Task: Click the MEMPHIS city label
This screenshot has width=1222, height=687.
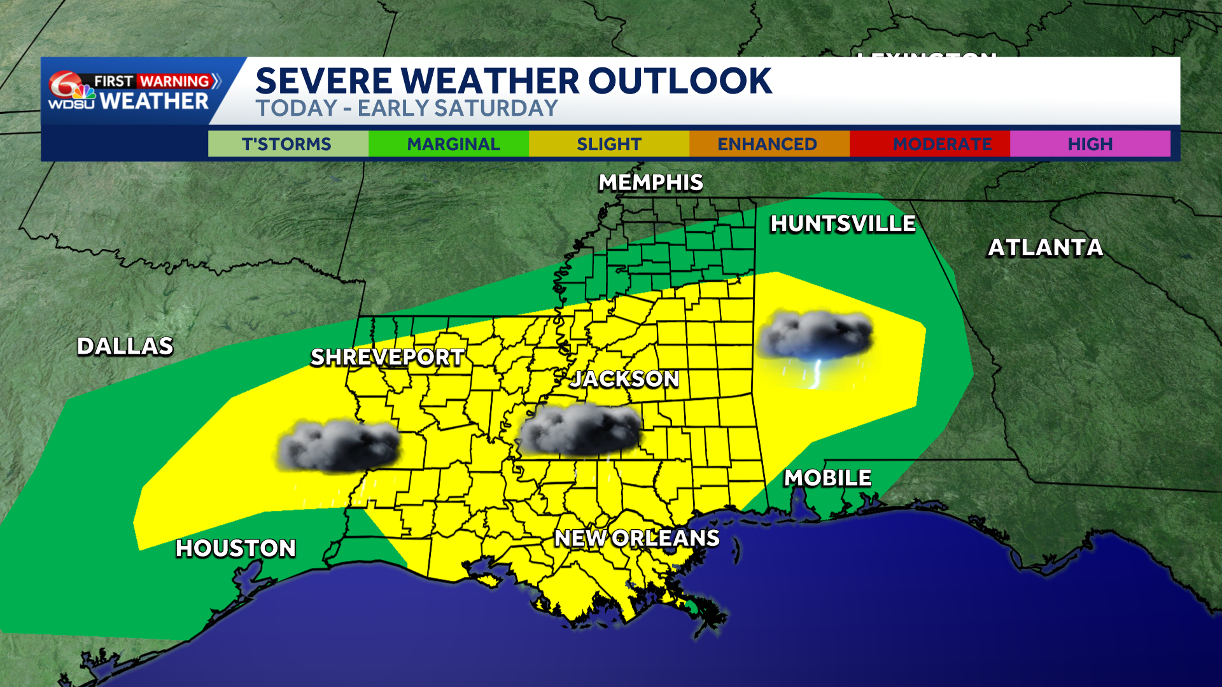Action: pos(650,183)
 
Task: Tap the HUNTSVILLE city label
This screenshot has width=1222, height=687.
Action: pos(843,224)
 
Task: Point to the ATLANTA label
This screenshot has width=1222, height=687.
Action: pos(1045,247)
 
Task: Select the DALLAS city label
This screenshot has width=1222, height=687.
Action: pos(125,347)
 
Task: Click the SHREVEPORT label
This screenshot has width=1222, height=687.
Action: pos(387,357)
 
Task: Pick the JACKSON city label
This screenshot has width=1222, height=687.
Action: pos(624,379)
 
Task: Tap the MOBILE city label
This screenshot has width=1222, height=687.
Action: pos(827,478)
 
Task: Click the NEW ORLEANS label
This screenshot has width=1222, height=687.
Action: pos(636,538)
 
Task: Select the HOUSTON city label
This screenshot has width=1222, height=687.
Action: pos(235,548)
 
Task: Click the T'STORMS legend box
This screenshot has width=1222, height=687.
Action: pos(288,144)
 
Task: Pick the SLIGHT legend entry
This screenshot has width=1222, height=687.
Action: pos(609,144)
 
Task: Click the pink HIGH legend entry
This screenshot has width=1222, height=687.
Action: pos(1090,144)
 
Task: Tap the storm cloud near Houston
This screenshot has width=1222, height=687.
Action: pos(339,445)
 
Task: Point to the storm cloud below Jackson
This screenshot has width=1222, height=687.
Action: pos(580,431)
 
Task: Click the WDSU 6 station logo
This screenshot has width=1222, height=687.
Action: pos(71,91)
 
